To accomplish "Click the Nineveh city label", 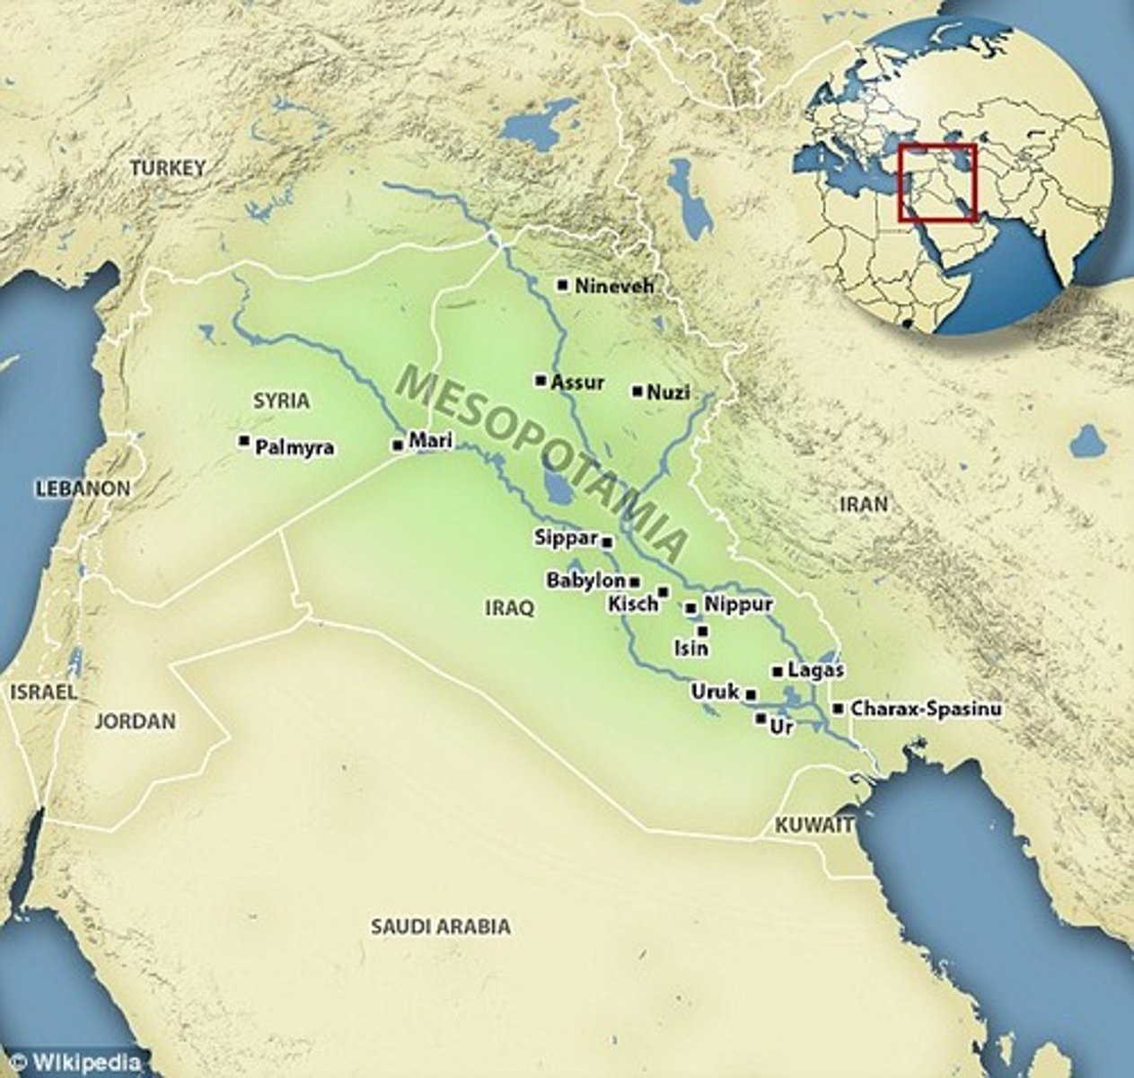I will click(614, 287).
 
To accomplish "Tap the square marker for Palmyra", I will click(243, 441).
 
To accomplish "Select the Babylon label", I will click(585, 581).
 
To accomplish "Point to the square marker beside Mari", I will click(397, 445).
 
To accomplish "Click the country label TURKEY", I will click(168, 168).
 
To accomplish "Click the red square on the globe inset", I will click(937, 182).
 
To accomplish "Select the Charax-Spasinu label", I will click(926, 709).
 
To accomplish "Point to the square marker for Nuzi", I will click(637, 391).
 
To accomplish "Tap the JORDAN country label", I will click(136, 721).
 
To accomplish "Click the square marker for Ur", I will click(760, 719).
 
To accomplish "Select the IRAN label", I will click(863, 504).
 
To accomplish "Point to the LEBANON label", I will click(83, 490).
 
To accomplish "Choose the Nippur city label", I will click(738, 605).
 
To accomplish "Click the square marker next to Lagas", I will click(777, 671).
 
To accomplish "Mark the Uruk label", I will click(715, 692).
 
